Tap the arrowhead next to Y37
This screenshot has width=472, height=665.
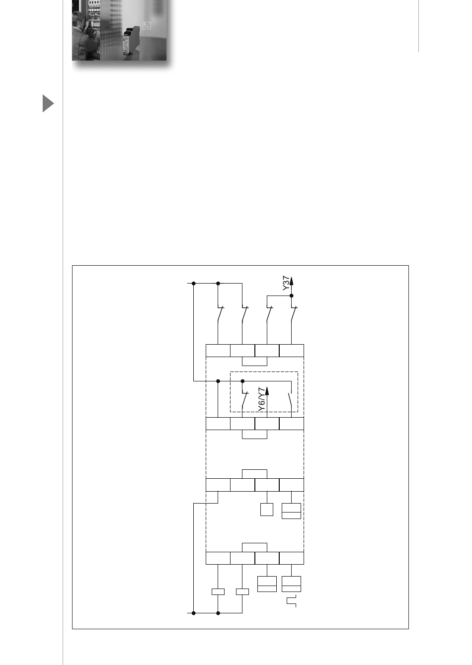click(292, 280)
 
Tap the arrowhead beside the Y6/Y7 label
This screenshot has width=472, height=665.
click(267, 391)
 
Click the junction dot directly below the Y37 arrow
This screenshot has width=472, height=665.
click(292, 296)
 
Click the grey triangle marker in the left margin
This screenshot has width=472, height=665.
click(48, 103)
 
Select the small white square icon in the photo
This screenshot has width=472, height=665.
click(147, 26)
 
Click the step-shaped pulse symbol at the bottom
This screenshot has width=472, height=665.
click(292, 601)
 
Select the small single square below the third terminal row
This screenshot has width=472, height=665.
click(267, 510)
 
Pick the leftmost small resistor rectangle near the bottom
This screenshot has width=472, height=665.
click(218, 591)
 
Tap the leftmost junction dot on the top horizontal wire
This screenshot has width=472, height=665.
click(194, 283)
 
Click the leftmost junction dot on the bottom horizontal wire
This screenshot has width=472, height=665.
click(194, 613)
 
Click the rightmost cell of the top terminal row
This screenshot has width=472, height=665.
click(292, 351)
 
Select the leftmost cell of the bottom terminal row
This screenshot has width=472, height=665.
click(218, 558)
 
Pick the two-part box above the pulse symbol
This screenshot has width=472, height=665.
click(292, 584)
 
